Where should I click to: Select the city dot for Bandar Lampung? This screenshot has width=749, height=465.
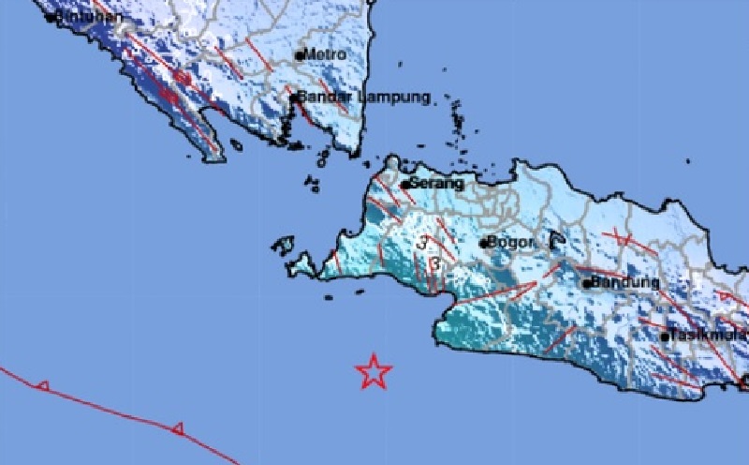pyautogui.click(x=293, y=97)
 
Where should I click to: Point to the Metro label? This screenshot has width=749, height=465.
pyautogui.click(x=325, y=54)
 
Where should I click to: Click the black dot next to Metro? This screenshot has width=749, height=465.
pyautogui.click(x=300, y=56)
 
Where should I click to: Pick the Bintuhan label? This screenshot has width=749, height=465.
pyautogui.click(x=91, y=16)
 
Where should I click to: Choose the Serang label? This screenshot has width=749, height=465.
pyautogui.click(x=436, y=185)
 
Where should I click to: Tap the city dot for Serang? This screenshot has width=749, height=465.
pyautogui.click(x=404, y=185)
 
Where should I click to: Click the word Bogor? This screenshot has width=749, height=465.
pyautogui.click(x=512, y=243)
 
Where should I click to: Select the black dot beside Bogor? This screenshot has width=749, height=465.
pyautogui.click(x=484, y=244)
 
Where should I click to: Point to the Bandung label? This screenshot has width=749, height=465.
pyautogui.click(x=625, y=281)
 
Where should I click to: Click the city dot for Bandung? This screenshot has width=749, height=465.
pyautogui.click(x=586, y=283)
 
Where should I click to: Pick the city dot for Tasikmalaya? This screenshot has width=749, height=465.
pyautogui.click(x=665, y=337)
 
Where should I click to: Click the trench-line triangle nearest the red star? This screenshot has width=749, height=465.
pyautogui.click(x=176, y=428)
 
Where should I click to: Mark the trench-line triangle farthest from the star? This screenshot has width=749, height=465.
pyautogui.click(x=42, y=384)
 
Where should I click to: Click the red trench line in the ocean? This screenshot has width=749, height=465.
pyautogui.click(x=112, y=408)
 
